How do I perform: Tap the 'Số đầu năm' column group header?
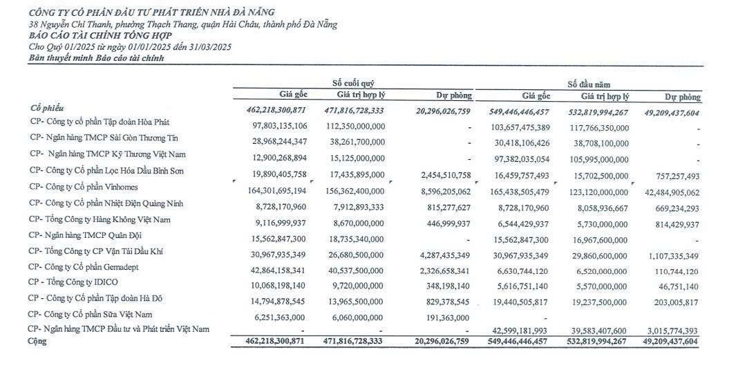(589, 84)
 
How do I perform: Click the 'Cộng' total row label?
(36, 341)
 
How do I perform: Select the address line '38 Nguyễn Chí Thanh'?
(183, 24)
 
